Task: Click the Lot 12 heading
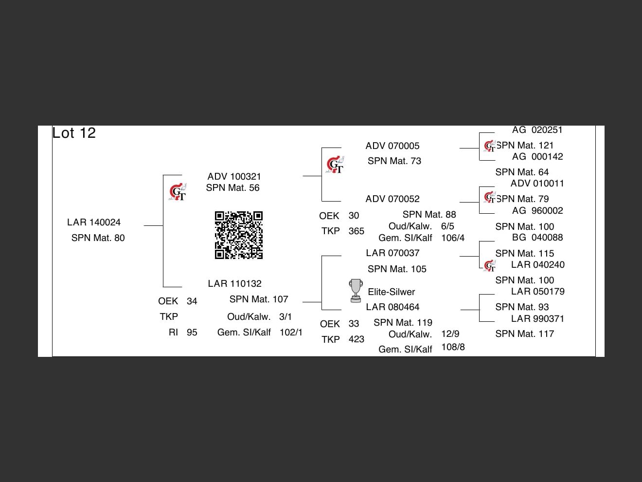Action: click(74, 133)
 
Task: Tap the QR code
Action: click(239, 235)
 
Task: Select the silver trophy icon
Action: click(356, 291)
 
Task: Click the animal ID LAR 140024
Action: click(94, 222)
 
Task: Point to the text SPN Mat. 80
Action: click(98, 238)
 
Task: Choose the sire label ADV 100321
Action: click(234, 177)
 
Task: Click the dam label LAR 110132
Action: click(234, 284)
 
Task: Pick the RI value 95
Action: click(192, 333)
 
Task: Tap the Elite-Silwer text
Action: click(391, 292)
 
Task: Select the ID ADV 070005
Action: click(392, 146)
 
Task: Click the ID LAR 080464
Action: click(392, 307)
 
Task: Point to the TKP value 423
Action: click(356, 339)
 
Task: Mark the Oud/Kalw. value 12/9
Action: click(450, 334)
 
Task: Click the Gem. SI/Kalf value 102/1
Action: click(291, 333)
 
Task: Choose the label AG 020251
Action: click(537, 130)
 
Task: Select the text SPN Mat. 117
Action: click(524, 334)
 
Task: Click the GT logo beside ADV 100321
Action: click(178, 192)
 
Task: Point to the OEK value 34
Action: click(192, 301)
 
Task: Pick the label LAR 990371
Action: click(537, 319)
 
